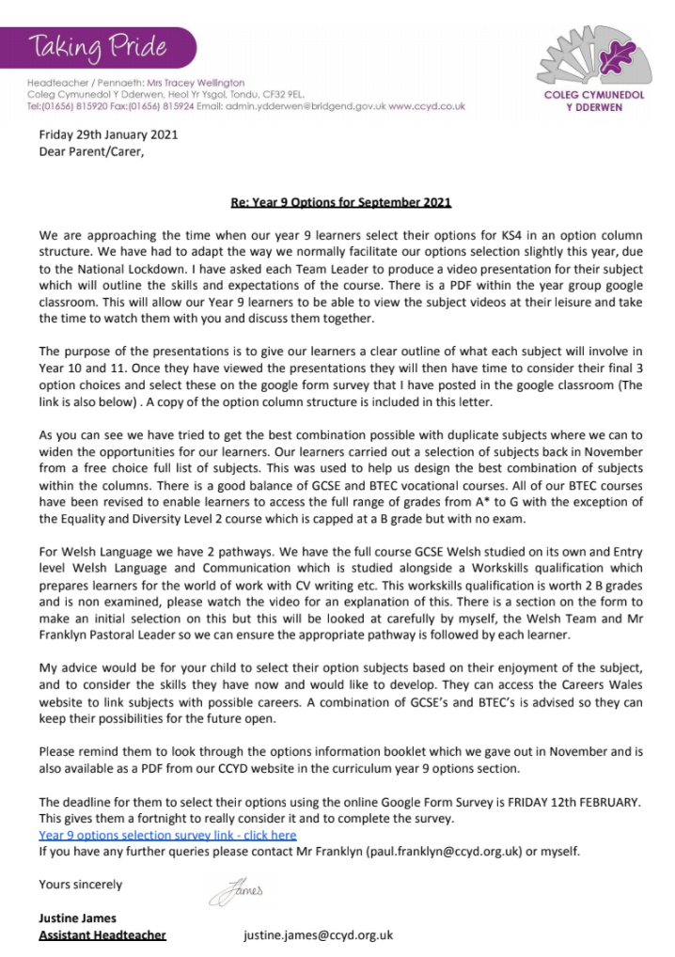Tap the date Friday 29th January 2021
coord(107,134)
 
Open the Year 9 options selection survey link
coord(167,834)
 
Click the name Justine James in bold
coord(78,917)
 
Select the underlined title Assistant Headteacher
coord(102,934)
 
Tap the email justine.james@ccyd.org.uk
coord(318,934)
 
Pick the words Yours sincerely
coord(80,884)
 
